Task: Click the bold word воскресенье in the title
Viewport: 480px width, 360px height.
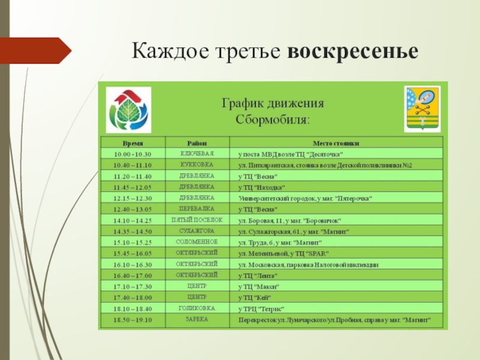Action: [x=352, y=51]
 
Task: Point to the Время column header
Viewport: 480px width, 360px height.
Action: [x=133, y=144]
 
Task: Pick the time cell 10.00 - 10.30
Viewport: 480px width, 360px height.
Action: [x=133, y=154]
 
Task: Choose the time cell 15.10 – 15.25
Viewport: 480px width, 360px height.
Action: [x=133, y=242]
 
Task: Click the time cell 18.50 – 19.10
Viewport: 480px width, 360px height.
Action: [x=133, y=320]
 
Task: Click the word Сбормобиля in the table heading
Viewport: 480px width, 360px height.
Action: [x=273, y=119]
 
